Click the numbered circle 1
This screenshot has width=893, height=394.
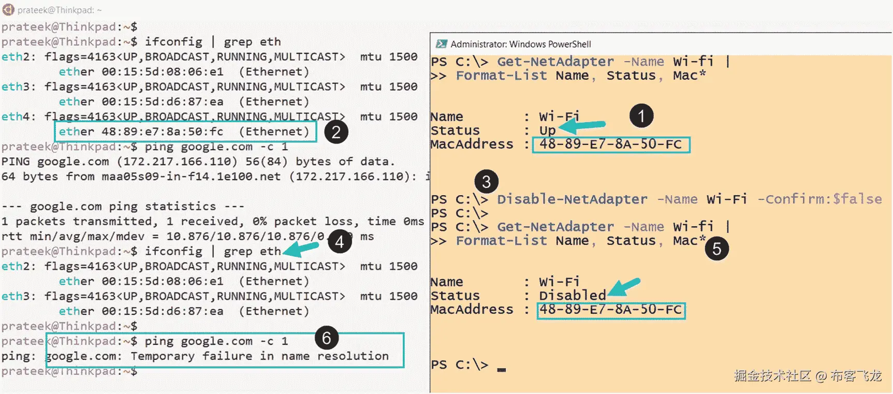tap(641, 116)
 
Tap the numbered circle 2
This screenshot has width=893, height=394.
tap(336, 133)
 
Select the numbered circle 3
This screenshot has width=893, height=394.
tap(486, 182)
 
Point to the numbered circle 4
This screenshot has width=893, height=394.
tap(340, 242)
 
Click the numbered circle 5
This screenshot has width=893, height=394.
tap(717, 249)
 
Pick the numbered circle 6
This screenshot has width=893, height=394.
tap(327, 338)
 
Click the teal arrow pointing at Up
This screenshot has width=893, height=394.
tap(582, 125)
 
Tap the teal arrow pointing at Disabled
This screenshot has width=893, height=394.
tap(624, 287)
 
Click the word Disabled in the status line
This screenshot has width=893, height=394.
tap(573, 296)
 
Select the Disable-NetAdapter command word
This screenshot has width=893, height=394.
tap(572, 199)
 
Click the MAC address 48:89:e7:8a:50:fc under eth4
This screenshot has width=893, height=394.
tap(163, 132)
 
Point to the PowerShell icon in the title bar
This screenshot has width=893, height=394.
tap(442, 44)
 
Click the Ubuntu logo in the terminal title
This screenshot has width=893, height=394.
tap(8, 10)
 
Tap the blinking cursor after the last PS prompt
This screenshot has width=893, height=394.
tap(501, 370)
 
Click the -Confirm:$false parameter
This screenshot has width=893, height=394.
tap(819, 199)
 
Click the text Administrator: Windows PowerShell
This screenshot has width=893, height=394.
tap(521, 44)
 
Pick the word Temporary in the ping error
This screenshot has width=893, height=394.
tap(163, 356)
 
